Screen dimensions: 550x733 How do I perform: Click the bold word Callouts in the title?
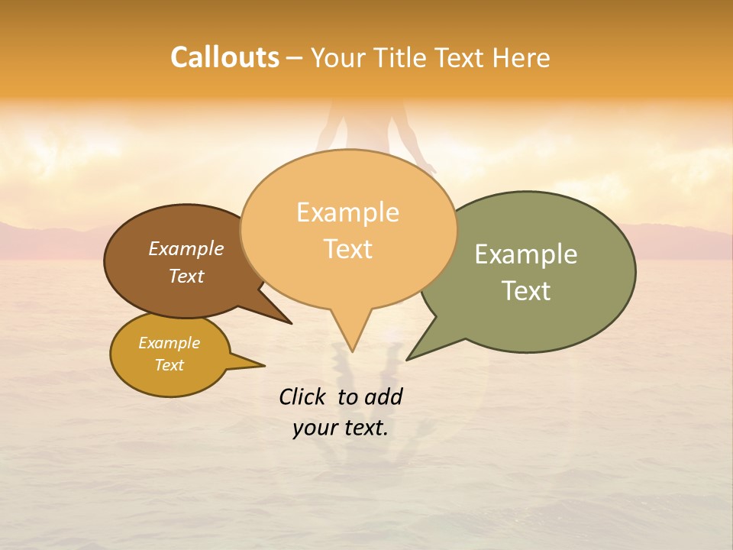[224, 57]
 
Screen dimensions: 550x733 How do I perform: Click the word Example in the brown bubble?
[186, 248]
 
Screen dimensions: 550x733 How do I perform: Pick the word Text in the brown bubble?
[186, 276]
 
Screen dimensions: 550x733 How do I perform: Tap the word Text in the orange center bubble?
[348, 248]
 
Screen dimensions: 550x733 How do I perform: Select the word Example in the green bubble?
[526, 254]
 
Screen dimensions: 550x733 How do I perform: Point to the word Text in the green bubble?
[527, 290]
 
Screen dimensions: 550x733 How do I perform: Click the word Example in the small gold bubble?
[170, 343]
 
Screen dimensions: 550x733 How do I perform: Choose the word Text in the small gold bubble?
[170, 365]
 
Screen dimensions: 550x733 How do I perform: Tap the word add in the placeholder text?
[383, 396]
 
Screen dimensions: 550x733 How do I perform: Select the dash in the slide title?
[295, 58]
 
